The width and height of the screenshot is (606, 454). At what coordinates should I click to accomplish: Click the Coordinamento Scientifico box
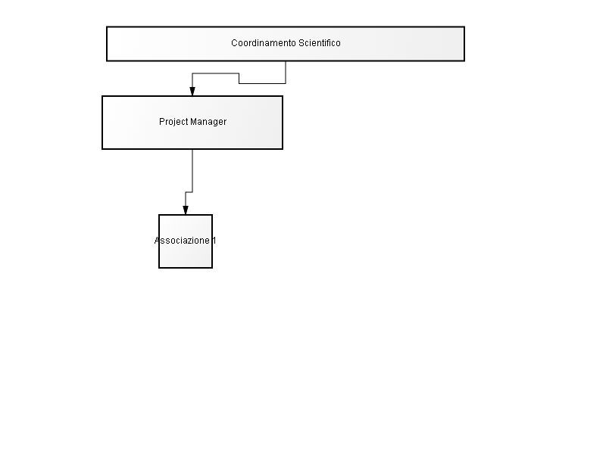pyautogui.click(x=286, y=44)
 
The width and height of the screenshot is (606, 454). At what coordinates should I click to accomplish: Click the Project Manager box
pyautogui.click(x=192, y=123)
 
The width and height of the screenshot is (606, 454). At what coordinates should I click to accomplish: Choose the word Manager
pyautogui.click(x=208, y=122)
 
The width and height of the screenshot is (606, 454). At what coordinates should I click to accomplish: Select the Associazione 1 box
pyautogui.click(x=186, y=241)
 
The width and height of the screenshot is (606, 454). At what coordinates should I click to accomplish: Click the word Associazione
pyautogui.click(x=182, y=241)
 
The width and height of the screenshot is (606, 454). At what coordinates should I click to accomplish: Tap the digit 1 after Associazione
pyautogui.click(x=214, y=241)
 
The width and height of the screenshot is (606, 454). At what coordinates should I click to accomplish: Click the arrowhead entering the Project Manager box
pyautogui.click(x=192, y=92)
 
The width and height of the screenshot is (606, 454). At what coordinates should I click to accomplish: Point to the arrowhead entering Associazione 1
pyautogui.click(x=186, y=210)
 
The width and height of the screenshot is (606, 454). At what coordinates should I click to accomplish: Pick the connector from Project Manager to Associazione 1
pyautogui.click(x=192, y=182)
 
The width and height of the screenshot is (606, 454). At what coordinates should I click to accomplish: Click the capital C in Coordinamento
pyautogui.click(x=234, y=43)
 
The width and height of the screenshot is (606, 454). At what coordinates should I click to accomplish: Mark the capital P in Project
pyautogui.click(x=162, y=122)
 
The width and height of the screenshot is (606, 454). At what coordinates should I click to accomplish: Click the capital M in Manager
pyautogui.click(x=194, y=122)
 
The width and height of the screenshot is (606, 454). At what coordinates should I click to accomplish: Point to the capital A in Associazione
pyautogui.click(x=158, y=241)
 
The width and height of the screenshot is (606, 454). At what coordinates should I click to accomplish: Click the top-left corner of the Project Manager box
pyautogui.click(x=102, y=96)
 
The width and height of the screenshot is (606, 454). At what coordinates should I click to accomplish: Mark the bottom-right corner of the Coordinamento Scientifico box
pyautogui.click(x=464, y=61)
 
